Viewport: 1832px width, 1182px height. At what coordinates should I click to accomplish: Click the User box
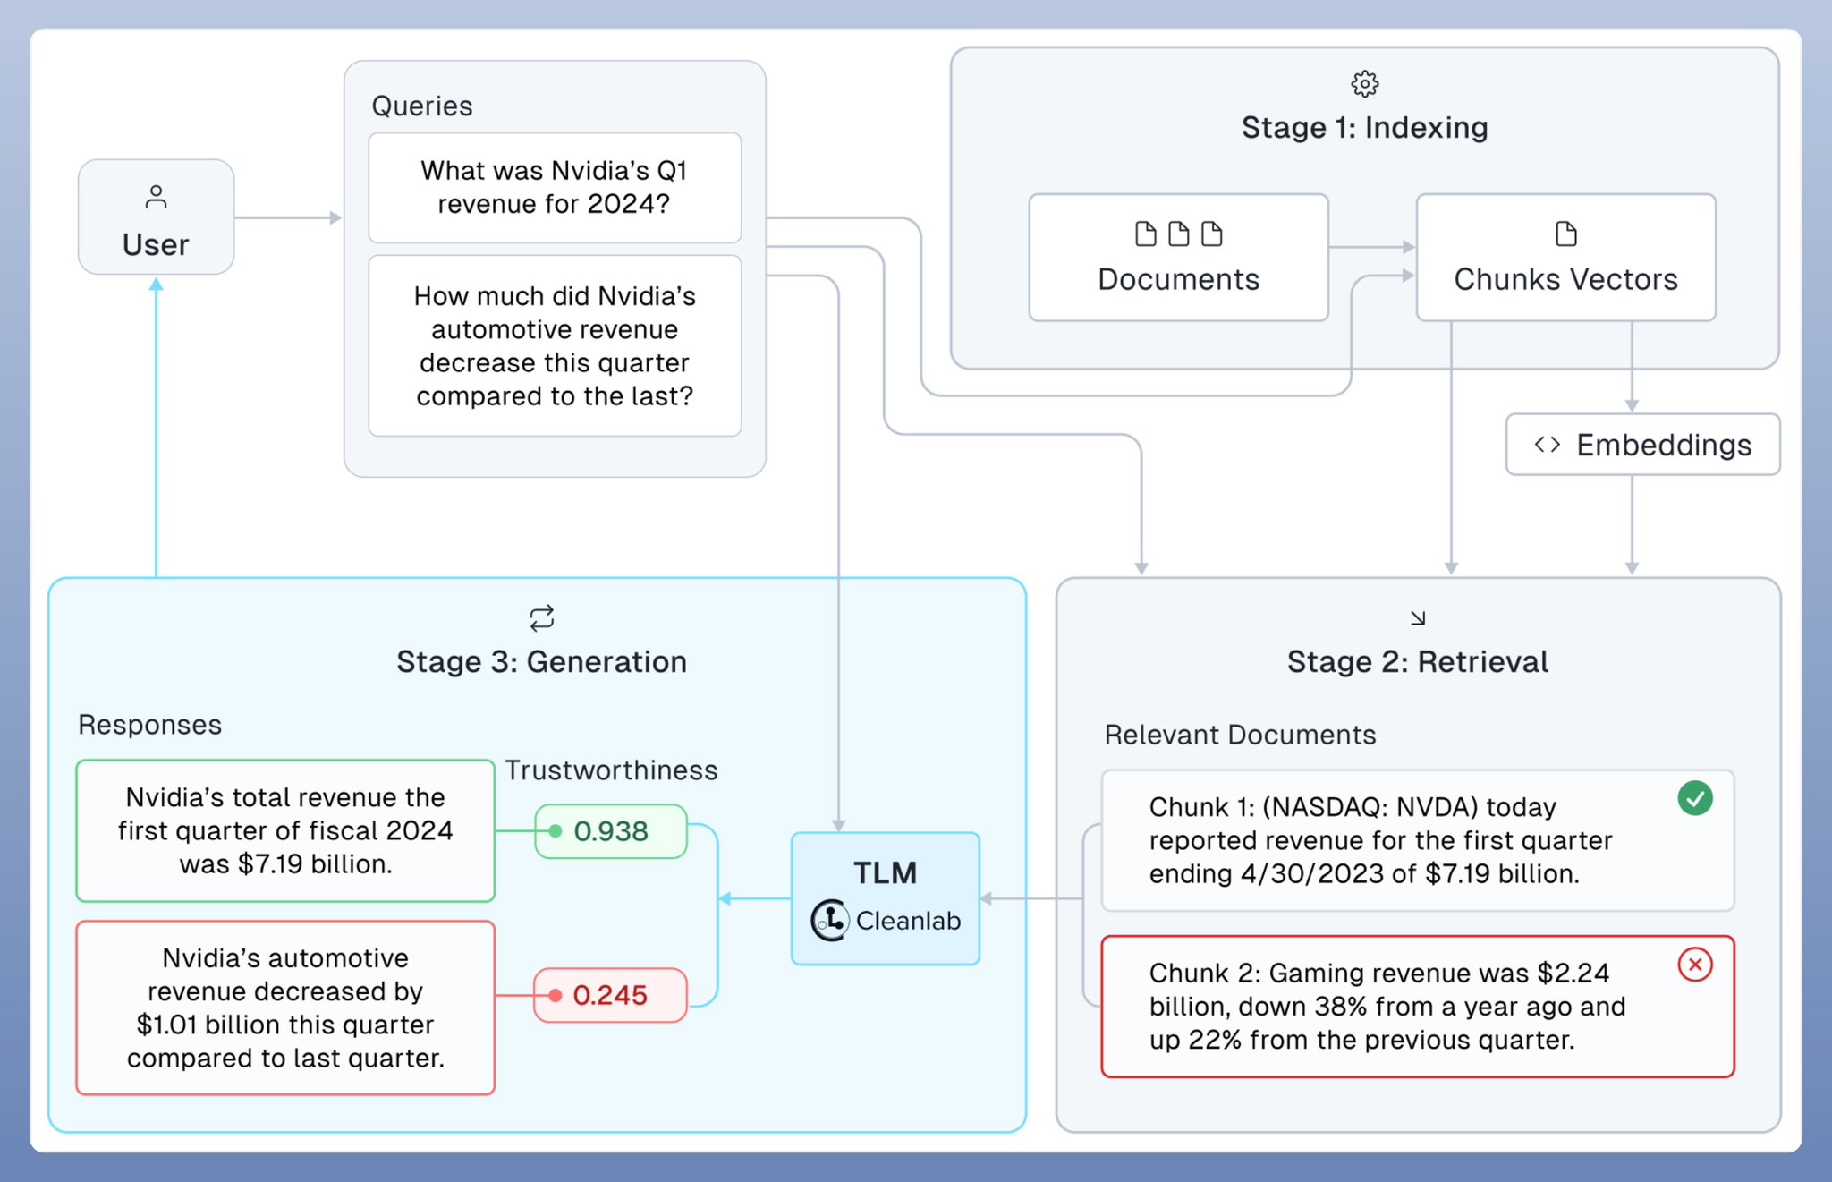(x=156, y=217)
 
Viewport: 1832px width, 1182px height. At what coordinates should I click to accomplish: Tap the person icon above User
(x=156, y=197)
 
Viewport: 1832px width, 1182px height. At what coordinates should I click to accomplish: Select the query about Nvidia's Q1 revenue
(x=555, y=188)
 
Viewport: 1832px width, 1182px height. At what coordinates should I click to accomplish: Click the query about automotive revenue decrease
(x=555, y=346)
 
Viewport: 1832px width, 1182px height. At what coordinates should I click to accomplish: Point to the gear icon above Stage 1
(x=1364, y=84)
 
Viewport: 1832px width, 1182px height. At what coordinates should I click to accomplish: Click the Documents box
(x=1178, y=258)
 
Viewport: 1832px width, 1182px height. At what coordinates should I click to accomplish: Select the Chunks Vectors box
(x=1565, y=258)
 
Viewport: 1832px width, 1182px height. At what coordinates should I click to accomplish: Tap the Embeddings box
(x=1642, y=445)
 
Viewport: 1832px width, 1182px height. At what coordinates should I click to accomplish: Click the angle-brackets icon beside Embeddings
(x=1547, y=445)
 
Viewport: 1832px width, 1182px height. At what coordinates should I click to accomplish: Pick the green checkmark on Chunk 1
(x=1694, y=798)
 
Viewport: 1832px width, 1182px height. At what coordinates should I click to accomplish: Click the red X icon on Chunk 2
(x=1694, y=965)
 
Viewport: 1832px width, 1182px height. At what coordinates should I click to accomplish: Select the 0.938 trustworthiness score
(x=611, y=831)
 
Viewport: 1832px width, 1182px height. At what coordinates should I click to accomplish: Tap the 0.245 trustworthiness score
(x=611, y=995)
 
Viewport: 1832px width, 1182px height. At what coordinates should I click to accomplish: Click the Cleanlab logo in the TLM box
(x=829, y=920)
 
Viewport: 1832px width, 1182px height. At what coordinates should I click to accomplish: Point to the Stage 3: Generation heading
(x=541, y=662)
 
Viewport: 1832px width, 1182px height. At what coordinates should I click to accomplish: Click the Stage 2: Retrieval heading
(x=1417, y=662)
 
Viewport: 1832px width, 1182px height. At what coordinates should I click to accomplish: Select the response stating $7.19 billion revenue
(x=285, y=830)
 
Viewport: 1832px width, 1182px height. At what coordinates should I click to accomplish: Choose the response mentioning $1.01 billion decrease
(x=285, y=1008)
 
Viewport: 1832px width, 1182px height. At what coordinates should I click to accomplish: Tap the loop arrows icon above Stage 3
(x=541, y=618)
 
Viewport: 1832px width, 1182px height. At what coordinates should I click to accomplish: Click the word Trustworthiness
(x=611, y=770)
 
